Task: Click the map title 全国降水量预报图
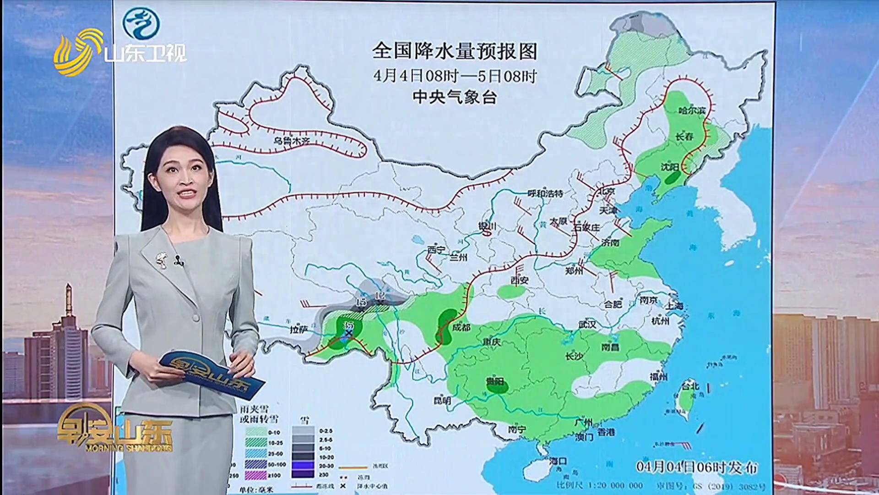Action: pyautogui.click(x=454, y=51)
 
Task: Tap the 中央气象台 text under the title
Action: pyautogui.click(x=454, y=97)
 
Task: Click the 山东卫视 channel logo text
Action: pyautogui.click(x=145, y=54)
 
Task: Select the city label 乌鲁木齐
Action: pyautogui.click(x=291, y=141)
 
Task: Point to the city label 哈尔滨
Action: pyautogui.click(x=692, y=110)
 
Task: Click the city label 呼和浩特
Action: pyautogui.click(x=545, y=193)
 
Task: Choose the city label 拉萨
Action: pyautogui.click(x=299, y=329)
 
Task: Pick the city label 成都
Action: pyautogui.click(x=461, y=327)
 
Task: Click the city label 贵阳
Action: pyautogui.click(x=495, y=381)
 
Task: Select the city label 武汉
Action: pyautogui.click(x=587, y=324)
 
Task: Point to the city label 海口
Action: pyautogui.click(x=559, y=461)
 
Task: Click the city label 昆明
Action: pyautogui.click(x=442, y=401)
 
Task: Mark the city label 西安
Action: pyautogui.click(x=520, y=280)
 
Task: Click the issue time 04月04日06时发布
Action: pyautogui.click(x=696, y=467)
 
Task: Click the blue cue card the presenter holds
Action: pyautogui.click(x=211, y=374)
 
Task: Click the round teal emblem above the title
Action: pyautogui.click(x=141, y=23)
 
